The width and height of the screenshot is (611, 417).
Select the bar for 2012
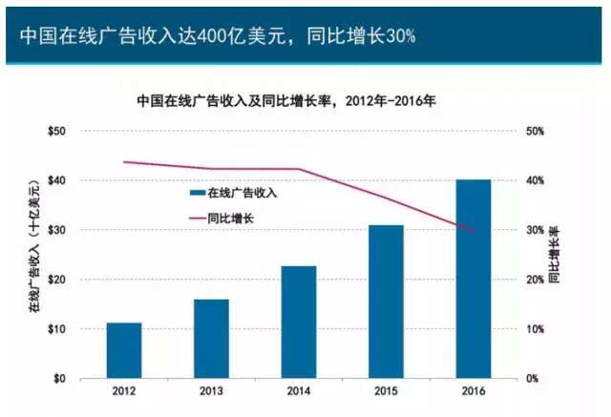123,350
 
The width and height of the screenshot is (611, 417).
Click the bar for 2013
211,339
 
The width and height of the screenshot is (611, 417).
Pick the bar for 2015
386,302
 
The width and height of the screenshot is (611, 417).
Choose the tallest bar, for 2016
474,279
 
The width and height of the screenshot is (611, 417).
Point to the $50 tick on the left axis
56,131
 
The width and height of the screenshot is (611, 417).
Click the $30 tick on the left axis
56,230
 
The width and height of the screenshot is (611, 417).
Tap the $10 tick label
56,329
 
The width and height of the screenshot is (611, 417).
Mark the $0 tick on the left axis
59,379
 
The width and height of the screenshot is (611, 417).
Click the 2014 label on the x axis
299,392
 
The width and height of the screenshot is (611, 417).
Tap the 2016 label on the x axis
474,392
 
